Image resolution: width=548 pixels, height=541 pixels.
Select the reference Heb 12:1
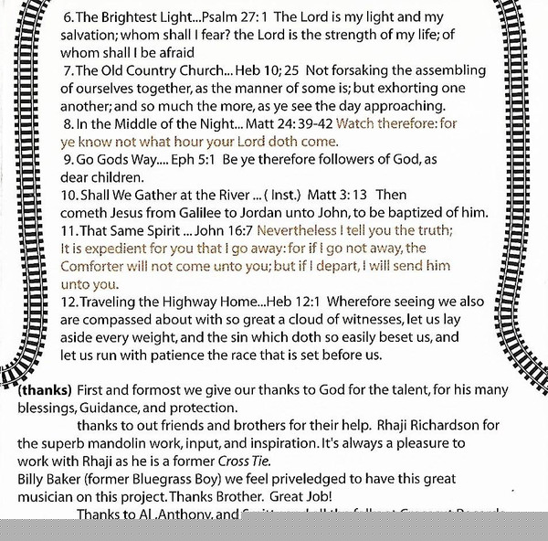click(291, 301)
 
